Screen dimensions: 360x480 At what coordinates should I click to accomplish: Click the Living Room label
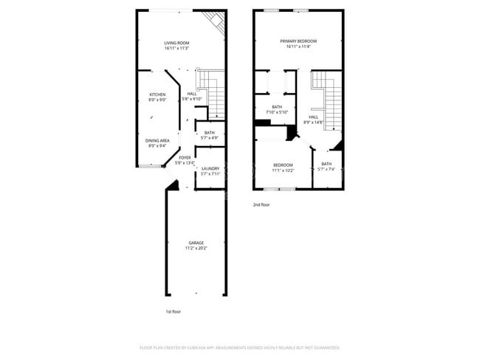[176, 43]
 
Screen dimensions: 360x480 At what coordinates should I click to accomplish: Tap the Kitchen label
[157, 94]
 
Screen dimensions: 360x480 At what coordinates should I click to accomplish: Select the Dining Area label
[157, 140]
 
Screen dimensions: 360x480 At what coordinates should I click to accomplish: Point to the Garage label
[196, 243]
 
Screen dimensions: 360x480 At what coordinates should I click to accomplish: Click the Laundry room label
[210, 168]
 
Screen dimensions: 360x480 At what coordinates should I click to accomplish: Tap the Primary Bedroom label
[298, 41]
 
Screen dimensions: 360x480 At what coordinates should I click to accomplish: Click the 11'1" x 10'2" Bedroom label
[283, 165]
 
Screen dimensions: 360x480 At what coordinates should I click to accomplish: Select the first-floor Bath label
[210, 133]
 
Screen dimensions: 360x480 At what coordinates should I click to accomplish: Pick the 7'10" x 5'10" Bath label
[277, 107]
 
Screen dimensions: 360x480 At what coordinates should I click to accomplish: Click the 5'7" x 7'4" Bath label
[326, 164]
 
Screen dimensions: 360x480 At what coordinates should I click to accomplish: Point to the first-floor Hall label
[192, 94]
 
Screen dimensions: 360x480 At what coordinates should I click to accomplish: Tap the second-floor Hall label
[313, 117]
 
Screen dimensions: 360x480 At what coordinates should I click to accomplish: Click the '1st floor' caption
[173, 311]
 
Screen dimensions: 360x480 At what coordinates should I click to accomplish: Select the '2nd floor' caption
[261, 204]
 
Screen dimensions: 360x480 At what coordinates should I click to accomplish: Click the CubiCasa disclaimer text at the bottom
[240, 347]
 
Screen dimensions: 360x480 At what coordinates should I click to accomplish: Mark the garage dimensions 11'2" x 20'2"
[196, 248]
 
